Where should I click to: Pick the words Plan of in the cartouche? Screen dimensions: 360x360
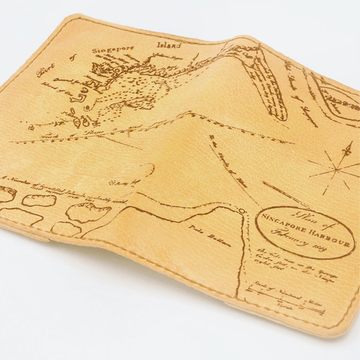click(297, 214)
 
